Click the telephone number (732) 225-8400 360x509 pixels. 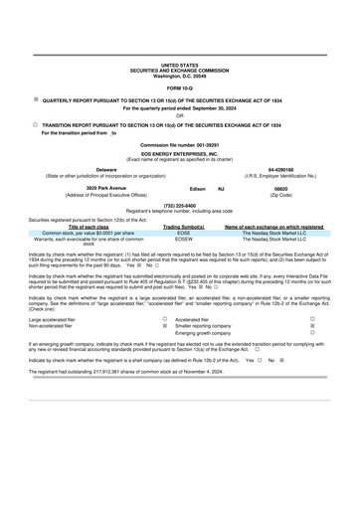tap(180, 205)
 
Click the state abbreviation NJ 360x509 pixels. tap(221, 187)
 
